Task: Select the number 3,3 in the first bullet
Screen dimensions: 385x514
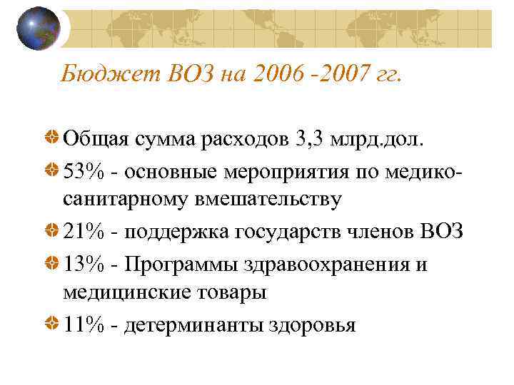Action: [x=309, y=137]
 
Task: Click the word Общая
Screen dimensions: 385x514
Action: [x=94, y=137]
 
